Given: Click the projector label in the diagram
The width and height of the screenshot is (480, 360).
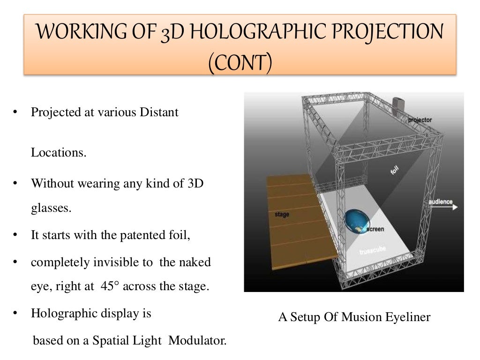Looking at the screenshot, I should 420,120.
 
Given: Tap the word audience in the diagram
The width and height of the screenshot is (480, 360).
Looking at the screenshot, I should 440,202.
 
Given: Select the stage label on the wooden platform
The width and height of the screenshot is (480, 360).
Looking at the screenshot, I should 281,214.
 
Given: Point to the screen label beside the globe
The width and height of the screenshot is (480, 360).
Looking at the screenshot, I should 375,229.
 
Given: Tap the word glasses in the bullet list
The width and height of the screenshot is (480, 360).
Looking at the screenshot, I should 51,208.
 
